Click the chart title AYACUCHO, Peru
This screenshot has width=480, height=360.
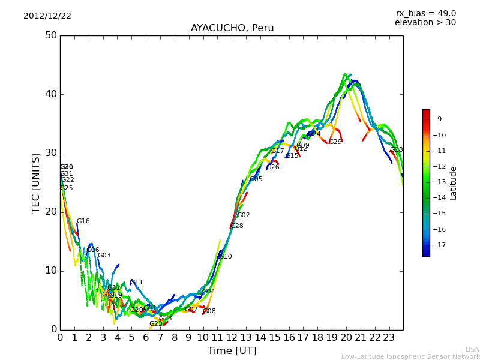tap(232, 28)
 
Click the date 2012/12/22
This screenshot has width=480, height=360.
tap(47, 16)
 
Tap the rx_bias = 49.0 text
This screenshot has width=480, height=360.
tap(425, 13)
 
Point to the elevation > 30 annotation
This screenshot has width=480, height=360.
tap(425, 23)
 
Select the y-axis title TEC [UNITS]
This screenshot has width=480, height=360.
tap(37, 183)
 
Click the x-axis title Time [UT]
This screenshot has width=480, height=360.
tap(232, 351)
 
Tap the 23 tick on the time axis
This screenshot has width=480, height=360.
tap(389, 338)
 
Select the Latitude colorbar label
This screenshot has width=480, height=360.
tap(454, 183)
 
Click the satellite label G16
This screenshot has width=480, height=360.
tap(83, 221)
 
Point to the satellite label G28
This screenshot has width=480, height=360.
tap(237, 226)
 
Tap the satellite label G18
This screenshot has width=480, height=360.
tap(397, 150)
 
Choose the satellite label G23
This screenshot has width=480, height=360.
tap(155, 324)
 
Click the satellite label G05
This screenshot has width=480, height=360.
tap(256, 179)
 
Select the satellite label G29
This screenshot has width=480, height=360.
tap(335, 142)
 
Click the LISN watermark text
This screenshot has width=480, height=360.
tap(472, 349)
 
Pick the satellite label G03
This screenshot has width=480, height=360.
tap(104, 256)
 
